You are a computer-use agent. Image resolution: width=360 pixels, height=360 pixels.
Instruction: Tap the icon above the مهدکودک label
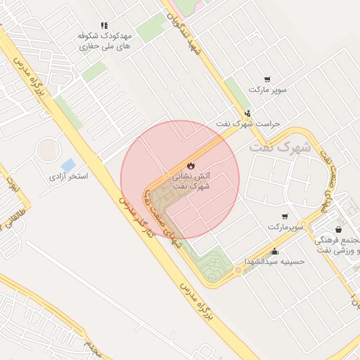tap(104, 25)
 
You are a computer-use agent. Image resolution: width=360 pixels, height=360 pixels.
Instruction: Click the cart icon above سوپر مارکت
tap(267, 79)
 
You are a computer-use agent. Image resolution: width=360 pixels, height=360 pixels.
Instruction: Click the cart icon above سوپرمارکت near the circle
tap(285, 217)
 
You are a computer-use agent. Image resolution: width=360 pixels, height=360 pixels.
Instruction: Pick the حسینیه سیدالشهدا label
tap(274, 262)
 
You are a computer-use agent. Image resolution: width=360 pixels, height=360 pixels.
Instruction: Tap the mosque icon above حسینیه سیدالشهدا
tap(274, 252)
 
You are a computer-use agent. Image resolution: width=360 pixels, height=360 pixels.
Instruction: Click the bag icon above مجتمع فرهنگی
tap(339, 229)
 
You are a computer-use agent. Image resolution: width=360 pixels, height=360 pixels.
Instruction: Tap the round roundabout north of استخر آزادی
tap(48, 149)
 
